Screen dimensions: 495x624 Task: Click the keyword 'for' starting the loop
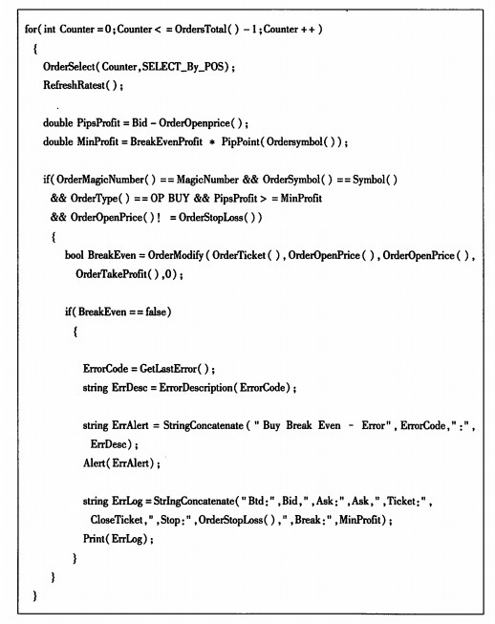coord(31,29)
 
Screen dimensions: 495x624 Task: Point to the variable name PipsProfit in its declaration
coord(98,122)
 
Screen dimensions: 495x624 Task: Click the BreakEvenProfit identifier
coord(166,141)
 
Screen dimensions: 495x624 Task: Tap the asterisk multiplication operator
coord(212,142)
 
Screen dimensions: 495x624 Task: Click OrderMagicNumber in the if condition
coord(100,180)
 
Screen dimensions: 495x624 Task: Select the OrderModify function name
coord(176,255)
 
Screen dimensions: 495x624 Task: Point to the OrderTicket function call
coord(246,255)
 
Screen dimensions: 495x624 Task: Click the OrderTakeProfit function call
coord(118,274)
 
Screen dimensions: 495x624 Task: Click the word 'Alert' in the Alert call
coord(94,463)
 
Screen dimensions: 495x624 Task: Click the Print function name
coord(94,539)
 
